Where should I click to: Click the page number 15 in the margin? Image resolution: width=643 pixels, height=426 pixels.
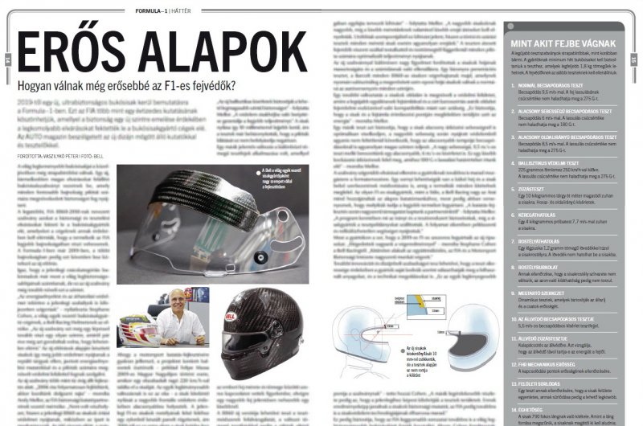(633, 60)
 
